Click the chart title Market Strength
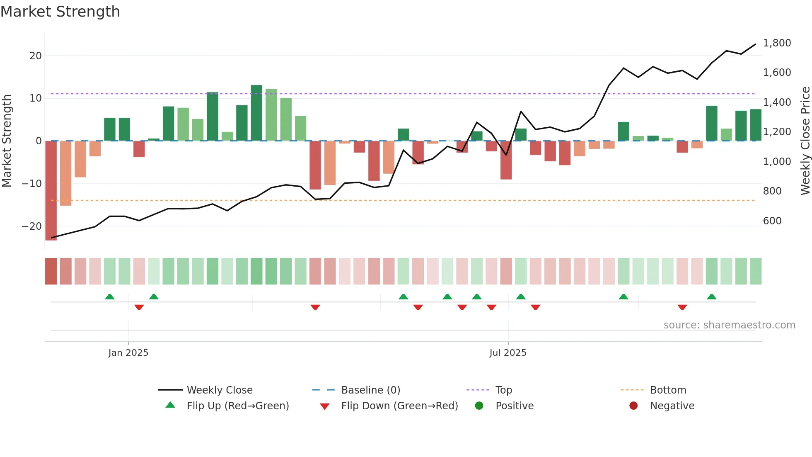tap(60, 12)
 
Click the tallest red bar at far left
tap(51, 191)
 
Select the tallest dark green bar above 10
tap(256, 113)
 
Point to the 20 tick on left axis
tap(36, 56)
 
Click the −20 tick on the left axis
tap(32, 226)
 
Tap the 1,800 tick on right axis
tap(777, 43)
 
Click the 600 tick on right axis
tap(772, 221)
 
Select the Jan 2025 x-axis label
tap(128, 353)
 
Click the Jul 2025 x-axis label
tap(508, 353)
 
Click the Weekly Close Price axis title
tap(805, 141)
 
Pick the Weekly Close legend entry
tap(219, 390)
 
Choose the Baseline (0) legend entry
tap(370, 390)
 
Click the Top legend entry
tap(503, 390)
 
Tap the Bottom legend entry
tap(668, 390)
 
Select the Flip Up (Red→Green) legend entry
tap(237, 406)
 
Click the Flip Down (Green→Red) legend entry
tap(399, 406)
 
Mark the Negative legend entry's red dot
tap(633, 406)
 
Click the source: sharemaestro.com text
tap(729, 325)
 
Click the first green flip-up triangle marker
tap(110, 297)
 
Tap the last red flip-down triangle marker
tap(682, 307)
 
